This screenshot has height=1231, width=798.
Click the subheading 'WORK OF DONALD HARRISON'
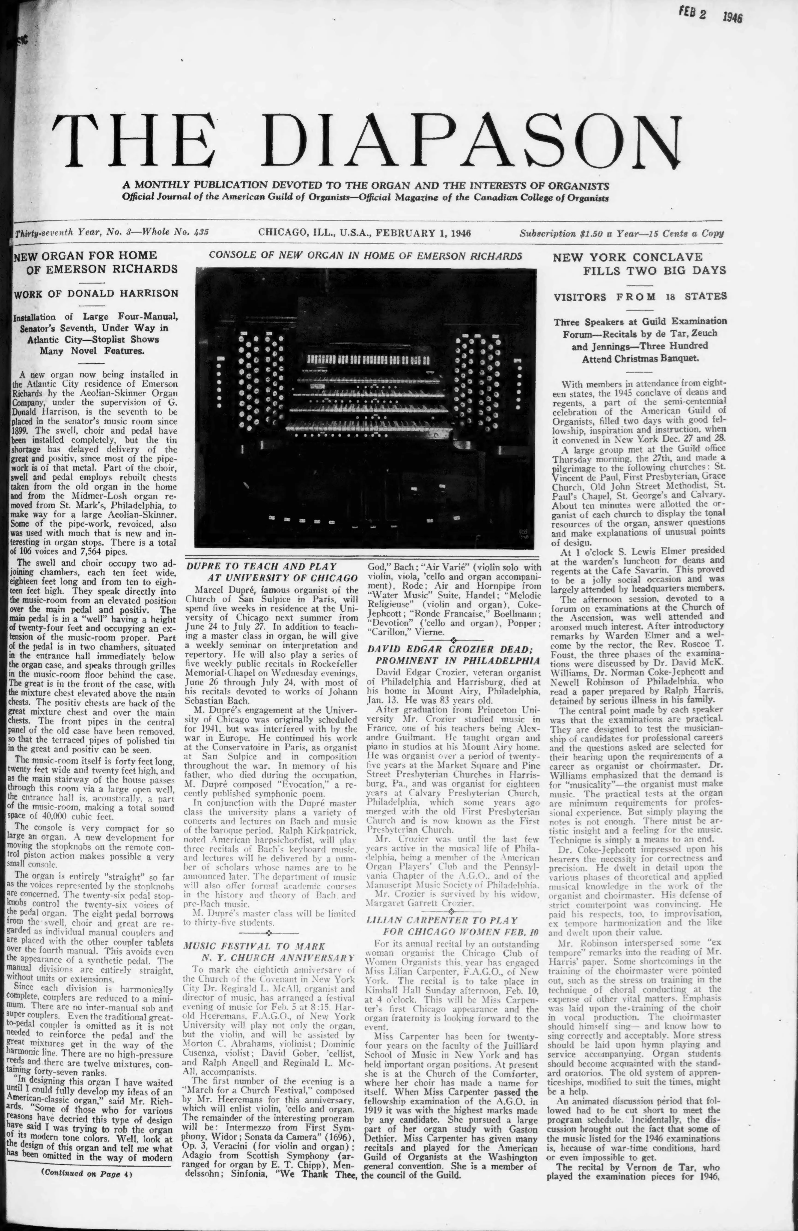[x=96, y=293]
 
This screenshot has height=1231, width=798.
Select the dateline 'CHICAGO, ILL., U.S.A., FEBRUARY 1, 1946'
[x=364, y=233]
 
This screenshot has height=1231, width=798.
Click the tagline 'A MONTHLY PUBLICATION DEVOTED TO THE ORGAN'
[x=365, y=185]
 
